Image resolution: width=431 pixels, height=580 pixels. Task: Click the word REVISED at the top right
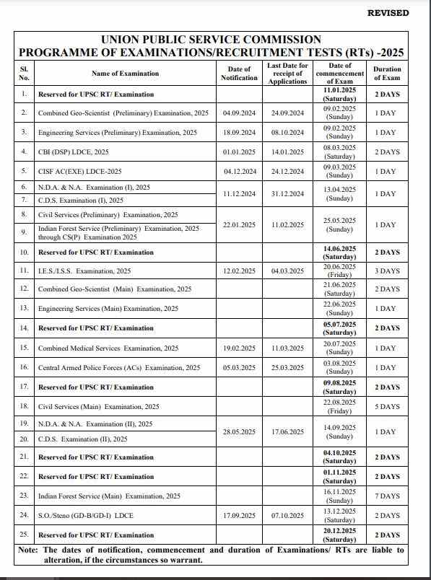coord(388,12)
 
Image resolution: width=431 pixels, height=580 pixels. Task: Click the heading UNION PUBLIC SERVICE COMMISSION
coord(211,40)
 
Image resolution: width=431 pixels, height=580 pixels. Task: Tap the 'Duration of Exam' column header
coord(387,73)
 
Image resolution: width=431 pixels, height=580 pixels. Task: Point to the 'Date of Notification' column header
coord(239,73)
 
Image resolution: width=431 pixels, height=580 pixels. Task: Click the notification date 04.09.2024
coord(239,113)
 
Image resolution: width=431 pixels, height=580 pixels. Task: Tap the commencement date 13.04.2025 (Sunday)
coord(339,193)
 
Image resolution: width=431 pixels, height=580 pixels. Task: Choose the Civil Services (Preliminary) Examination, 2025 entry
coord(108,215)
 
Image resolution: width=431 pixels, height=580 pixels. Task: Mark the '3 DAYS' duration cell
coord(387,271)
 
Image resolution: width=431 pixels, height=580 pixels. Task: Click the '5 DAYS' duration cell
coord(387,407)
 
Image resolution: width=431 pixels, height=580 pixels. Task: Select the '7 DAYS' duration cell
coord(387,496)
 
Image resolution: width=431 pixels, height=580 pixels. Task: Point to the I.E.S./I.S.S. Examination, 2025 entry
coord(84,271)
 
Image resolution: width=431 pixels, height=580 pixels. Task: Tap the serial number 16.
coord(25,367)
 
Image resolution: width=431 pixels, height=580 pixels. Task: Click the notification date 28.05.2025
coord(239,431)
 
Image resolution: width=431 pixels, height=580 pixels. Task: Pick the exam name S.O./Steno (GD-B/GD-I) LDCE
coord(86,516)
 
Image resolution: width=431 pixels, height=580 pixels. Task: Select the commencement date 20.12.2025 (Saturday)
coord(339,535)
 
